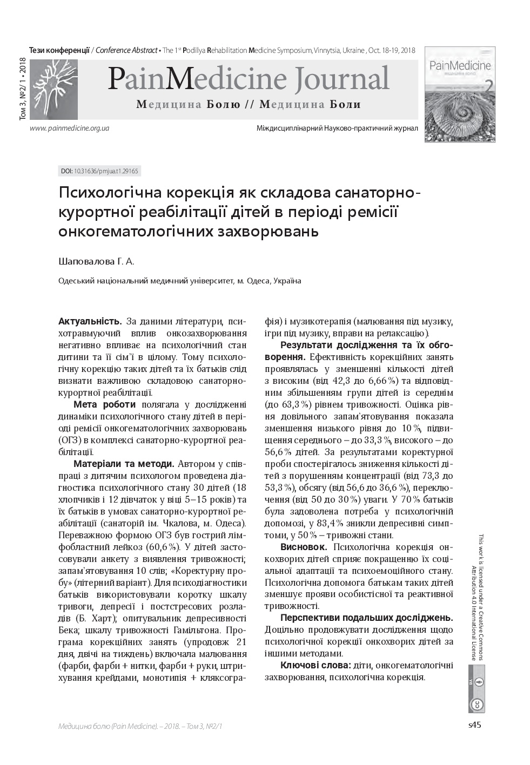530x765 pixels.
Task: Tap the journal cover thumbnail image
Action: point(460,94)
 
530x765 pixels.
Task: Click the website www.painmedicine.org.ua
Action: point(70,128)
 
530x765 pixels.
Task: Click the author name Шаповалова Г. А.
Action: point(96,261)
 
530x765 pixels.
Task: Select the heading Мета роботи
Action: point(105,405)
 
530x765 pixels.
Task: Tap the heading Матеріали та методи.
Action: point(124,464)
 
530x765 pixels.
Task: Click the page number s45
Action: point(474,725)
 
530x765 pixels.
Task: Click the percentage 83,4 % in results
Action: point(330,523)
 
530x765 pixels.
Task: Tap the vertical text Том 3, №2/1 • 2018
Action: point(23,89)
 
